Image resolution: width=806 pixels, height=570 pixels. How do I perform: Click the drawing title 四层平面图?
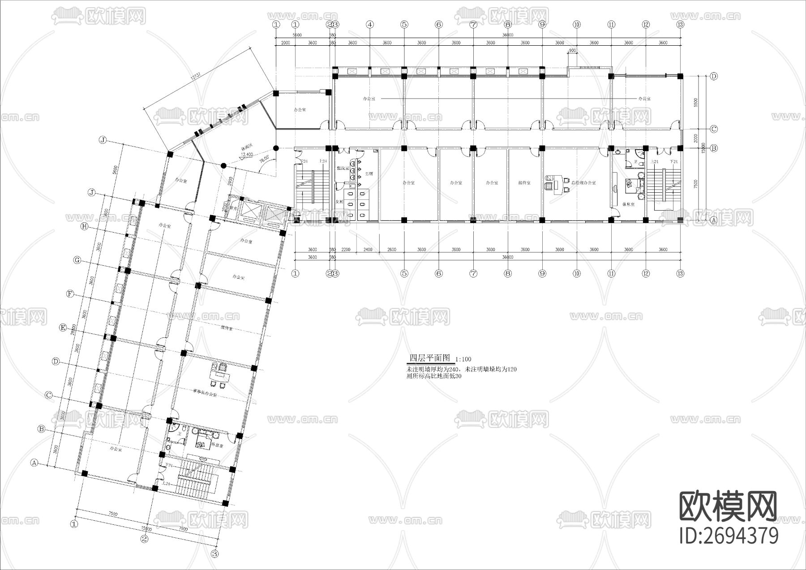point(430,358)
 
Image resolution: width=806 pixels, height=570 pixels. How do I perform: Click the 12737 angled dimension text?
point(195,77)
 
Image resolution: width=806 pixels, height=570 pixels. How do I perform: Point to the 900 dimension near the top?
point(572,51)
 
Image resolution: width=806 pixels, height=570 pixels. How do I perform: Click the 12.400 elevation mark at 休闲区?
point(247,154)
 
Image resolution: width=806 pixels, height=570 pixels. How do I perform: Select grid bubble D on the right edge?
point(714,76)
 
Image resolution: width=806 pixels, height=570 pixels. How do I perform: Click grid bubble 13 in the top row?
point(680,25)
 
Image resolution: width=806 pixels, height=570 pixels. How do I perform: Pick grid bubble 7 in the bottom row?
point(473,273)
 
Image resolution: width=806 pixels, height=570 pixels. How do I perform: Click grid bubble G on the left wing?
point(77,260)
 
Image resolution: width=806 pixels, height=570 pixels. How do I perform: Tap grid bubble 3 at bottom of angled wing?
point(214,554)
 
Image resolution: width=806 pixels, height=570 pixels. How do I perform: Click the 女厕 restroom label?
point(339,202)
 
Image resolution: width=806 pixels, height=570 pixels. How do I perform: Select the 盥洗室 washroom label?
point(343,168)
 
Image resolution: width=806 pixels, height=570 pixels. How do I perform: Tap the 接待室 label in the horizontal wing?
point(524,183)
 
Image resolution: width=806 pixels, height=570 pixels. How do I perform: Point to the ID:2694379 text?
point(729,536)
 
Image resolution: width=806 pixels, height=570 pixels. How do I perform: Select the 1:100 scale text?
point(463,359)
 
